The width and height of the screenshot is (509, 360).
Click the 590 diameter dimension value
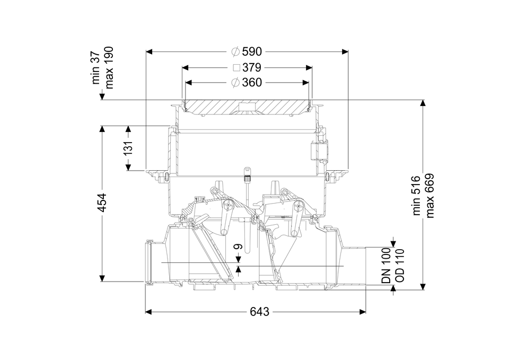[x=252, y=51]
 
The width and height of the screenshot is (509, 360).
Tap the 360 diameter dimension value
[x=252, y=83]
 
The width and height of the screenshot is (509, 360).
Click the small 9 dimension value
[x=238, y=247]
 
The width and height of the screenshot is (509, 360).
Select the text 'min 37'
[x=96, y=68]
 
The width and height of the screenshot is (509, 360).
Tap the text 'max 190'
[x=109, y=66]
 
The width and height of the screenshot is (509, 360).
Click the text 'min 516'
[x=416, y=196]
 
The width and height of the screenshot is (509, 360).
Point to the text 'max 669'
[x=429, y=196]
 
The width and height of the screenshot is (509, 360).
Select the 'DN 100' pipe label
[x=386, y=266]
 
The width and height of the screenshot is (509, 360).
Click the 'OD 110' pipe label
[x=399, y=266]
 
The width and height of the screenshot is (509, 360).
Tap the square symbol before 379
[x=236, y=68]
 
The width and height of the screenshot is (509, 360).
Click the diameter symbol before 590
[x=236, y=51]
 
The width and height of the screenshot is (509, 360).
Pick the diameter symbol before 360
[x=236, y=83]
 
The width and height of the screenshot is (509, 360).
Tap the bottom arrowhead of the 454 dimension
[x=102, y=279]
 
